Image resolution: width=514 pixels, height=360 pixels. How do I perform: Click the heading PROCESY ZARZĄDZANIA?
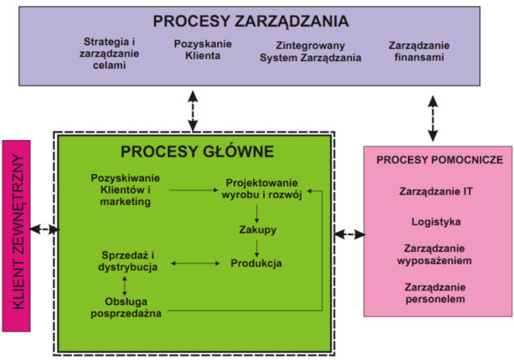coord(251,21)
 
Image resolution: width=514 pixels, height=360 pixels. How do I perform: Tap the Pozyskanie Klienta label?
coord(203,51)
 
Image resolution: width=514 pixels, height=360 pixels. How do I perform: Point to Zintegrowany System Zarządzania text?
coord(311,52)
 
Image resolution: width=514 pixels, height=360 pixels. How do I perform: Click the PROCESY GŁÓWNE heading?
coord(197,151)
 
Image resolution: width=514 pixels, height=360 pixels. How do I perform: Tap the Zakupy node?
coord(257,229)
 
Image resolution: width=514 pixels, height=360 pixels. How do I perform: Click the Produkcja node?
coord(256,263)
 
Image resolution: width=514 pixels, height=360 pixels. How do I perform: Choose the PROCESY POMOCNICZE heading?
coord(439,159)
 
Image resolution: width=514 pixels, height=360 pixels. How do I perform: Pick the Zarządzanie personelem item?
coord(437,293)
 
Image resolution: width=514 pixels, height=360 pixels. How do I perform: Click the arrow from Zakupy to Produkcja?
coord(256,247)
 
